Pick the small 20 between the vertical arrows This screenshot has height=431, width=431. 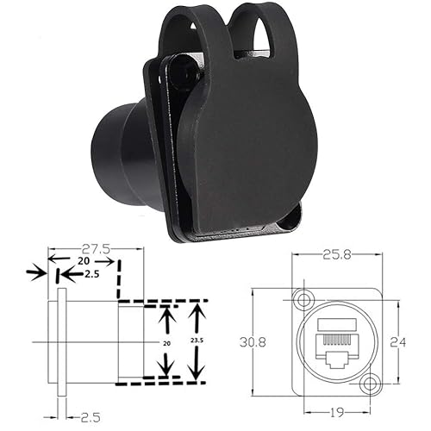coord(165,342)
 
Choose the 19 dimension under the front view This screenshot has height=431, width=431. coord(338,413)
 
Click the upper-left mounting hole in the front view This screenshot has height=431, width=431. coord(303,299)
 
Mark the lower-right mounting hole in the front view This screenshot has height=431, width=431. coord(372,384)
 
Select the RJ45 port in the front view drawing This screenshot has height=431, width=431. coord(338,342)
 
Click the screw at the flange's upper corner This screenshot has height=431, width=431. coord(180,74)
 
